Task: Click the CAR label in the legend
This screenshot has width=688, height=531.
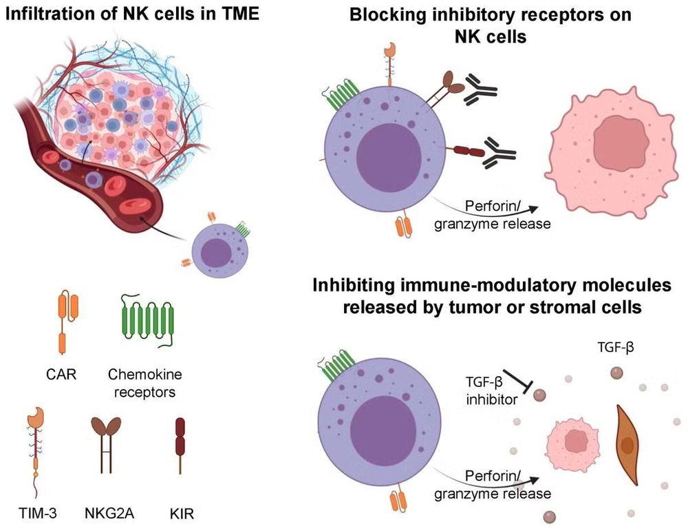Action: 61,374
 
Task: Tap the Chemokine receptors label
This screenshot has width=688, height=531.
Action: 144,383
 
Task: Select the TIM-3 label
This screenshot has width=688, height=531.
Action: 38,513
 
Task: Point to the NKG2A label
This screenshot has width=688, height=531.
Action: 109,513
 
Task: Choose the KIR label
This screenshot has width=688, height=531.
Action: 182,513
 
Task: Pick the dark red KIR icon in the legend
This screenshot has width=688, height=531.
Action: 180,444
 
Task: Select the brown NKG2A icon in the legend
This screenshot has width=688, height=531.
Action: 106,444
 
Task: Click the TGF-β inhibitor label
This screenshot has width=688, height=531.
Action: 491,391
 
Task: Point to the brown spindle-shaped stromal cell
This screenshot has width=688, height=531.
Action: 627,445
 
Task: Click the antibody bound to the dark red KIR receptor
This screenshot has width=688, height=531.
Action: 499,154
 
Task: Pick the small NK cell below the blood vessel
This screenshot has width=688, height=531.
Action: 220,250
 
